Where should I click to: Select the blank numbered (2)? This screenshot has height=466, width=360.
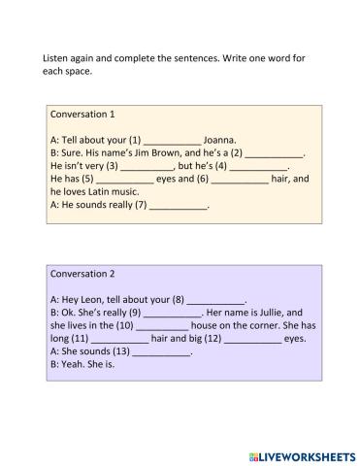pos(276,153)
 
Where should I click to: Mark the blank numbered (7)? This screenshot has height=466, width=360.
pos(179,206)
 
